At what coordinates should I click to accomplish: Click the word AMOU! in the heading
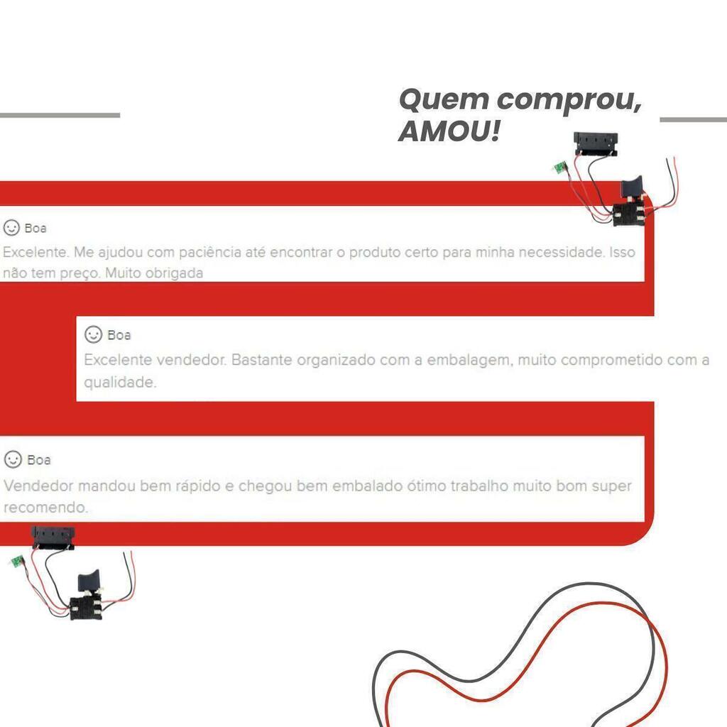click(449, 131)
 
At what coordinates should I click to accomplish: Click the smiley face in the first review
click(11, 228)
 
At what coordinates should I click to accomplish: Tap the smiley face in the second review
click(93, 334)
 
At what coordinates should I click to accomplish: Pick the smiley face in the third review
click(13, 459)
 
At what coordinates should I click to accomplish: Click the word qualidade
click(119, 383)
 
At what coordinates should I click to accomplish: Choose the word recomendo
click(45, 507)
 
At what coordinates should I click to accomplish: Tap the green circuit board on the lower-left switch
click(18, 561)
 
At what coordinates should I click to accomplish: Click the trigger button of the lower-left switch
click(88, 579)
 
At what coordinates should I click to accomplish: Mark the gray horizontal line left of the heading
click(60, 115)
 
